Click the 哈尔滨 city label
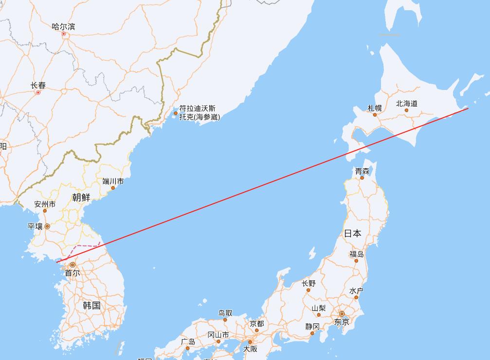63,26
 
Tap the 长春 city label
38,85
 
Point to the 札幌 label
374,108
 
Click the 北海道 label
407,103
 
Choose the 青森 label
362,171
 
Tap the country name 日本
353,234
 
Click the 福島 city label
357,254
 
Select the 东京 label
342,322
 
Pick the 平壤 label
35,226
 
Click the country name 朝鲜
81,197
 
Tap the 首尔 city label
73,273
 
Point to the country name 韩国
91,306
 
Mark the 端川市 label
113,181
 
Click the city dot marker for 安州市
45,211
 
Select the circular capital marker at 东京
342,314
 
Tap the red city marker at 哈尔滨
63,34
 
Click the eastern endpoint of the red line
468,108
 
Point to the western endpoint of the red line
56,262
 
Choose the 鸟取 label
225,313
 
